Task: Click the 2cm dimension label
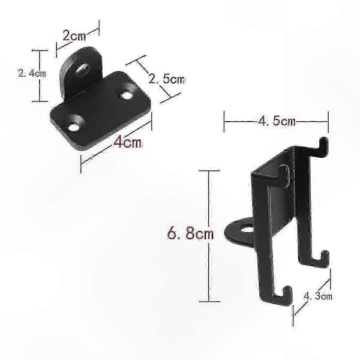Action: click(x=74, y=36)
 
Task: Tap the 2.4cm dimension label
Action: click(x=32, y=73)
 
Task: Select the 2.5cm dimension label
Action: click(x=167, y=79)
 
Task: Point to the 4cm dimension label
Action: click(x=128, y=142)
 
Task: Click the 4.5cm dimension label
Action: click(x=277, y=121)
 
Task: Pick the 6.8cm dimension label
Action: click(x=190, y=233)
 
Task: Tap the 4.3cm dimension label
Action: click(x=318, y=296)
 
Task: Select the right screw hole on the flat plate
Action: click(x=127, y=95)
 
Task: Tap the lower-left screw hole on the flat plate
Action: click(x=73, y=127)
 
